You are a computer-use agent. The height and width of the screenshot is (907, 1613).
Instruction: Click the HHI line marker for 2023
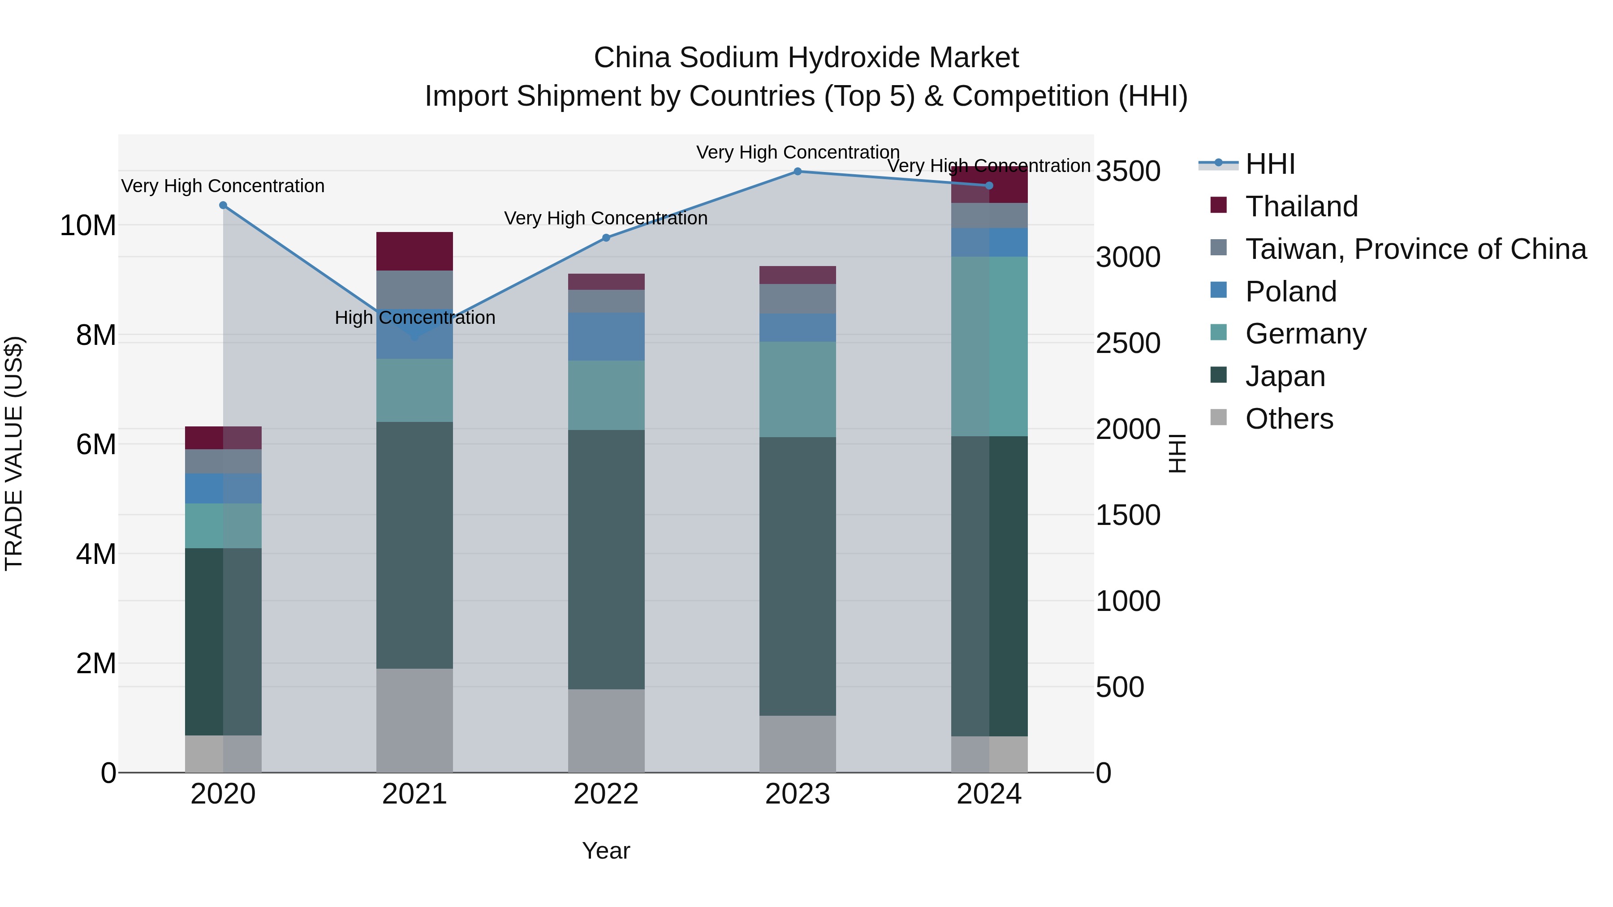pos(797,172)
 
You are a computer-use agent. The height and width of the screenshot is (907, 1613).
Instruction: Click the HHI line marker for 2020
pos(223,205)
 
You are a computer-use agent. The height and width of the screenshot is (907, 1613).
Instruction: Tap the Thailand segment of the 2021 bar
pos(414,251)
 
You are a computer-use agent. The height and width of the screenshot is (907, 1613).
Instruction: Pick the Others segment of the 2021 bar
pos(414,720)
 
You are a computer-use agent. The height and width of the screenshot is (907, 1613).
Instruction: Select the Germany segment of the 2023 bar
pos(797,389)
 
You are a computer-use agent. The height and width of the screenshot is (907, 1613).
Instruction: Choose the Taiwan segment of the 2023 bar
pos(797,299)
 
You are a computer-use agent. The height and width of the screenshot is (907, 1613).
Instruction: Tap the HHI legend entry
pos(1269,164)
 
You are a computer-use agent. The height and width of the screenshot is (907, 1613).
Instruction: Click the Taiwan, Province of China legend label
pos(1415,249)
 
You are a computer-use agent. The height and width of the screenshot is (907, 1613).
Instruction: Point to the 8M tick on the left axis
pos(96,335)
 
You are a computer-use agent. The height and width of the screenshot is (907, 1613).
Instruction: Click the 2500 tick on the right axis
pos(1128,343)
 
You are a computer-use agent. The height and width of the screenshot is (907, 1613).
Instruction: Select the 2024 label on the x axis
pos(989,794)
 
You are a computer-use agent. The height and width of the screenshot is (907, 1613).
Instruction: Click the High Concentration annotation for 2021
pos(414,318)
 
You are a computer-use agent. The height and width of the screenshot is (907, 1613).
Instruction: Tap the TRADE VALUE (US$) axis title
pos(14,453)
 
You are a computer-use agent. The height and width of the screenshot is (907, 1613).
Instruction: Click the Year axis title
pos(605,851)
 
